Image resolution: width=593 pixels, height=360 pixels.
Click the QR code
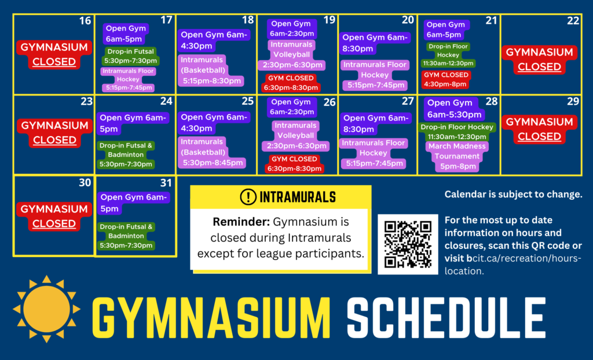(408, 244)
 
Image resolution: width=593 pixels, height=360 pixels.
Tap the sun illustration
(46, 309)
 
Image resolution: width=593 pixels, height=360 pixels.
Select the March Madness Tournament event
(457, 156)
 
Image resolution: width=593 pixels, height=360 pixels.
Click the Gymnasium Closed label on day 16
(54, 54)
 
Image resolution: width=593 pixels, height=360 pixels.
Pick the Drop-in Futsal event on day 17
(130, 56)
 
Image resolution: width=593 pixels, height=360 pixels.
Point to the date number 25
(248, 101)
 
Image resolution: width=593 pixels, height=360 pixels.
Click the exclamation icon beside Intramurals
(248, 197)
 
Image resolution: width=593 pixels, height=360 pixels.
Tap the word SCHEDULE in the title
(446, 318)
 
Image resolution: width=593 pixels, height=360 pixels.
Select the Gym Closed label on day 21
(446, 79)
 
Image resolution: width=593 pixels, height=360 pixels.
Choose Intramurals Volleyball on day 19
(291, 55)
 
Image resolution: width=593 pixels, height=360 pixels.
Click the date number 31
(166, 183)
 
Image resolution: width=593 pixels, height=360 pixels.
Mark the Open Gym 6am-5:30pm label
(454, 109)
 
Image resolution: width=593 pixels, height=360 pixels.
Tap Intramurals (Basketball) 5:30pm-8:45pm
(213, 152)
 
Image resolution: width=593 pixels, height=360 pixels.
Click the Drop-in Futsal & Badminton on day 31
(126, 236)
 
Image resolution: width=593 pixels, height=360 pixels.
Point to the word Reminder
(241, 222)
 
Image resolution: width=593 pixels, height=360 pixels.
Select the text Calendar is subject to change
(513, 194)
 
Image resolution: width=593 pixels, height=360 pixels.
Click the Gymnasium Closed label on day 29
(539, 129)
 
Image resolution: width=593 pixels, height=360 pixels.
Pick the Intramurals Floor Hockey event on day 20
(375, 75)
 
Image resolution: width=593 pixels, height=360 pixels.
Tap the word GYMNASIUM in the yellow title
(211, 318)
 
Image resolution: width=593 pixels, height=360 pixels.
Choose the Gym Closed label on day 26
(294, 164)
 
